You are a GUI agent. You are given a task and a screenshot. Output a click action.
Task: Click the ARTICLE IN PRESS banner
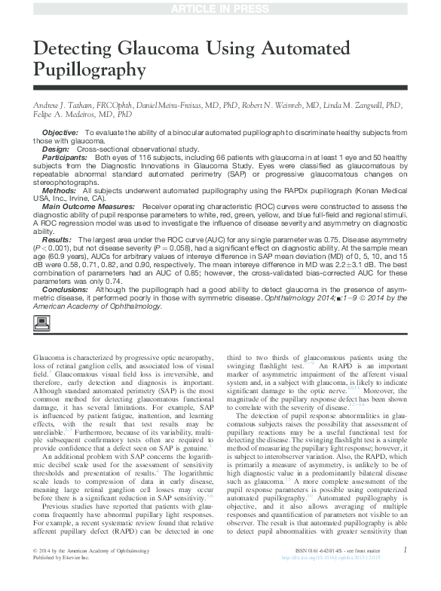(220, 8)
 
